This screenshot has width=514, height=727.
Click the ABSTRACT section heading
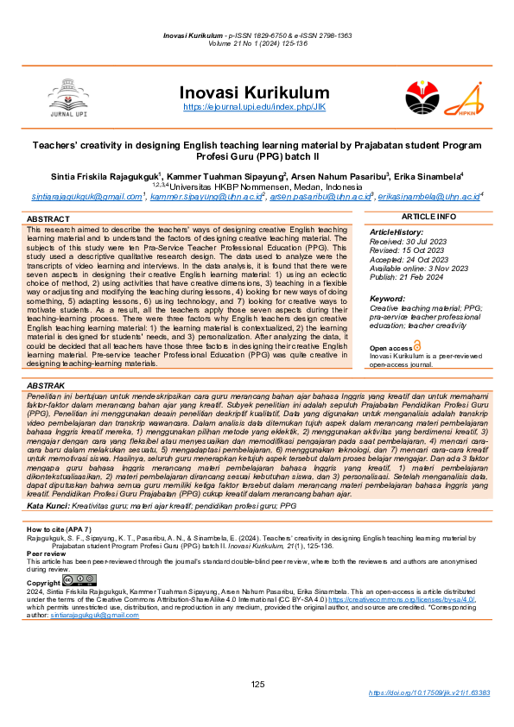[48, 220]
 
